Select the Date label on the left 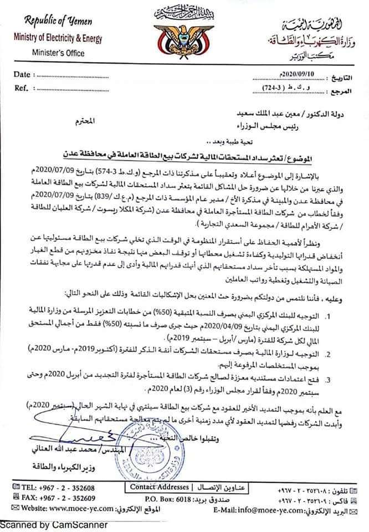[23, 74]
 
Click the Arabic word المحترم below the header [83, 119]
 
